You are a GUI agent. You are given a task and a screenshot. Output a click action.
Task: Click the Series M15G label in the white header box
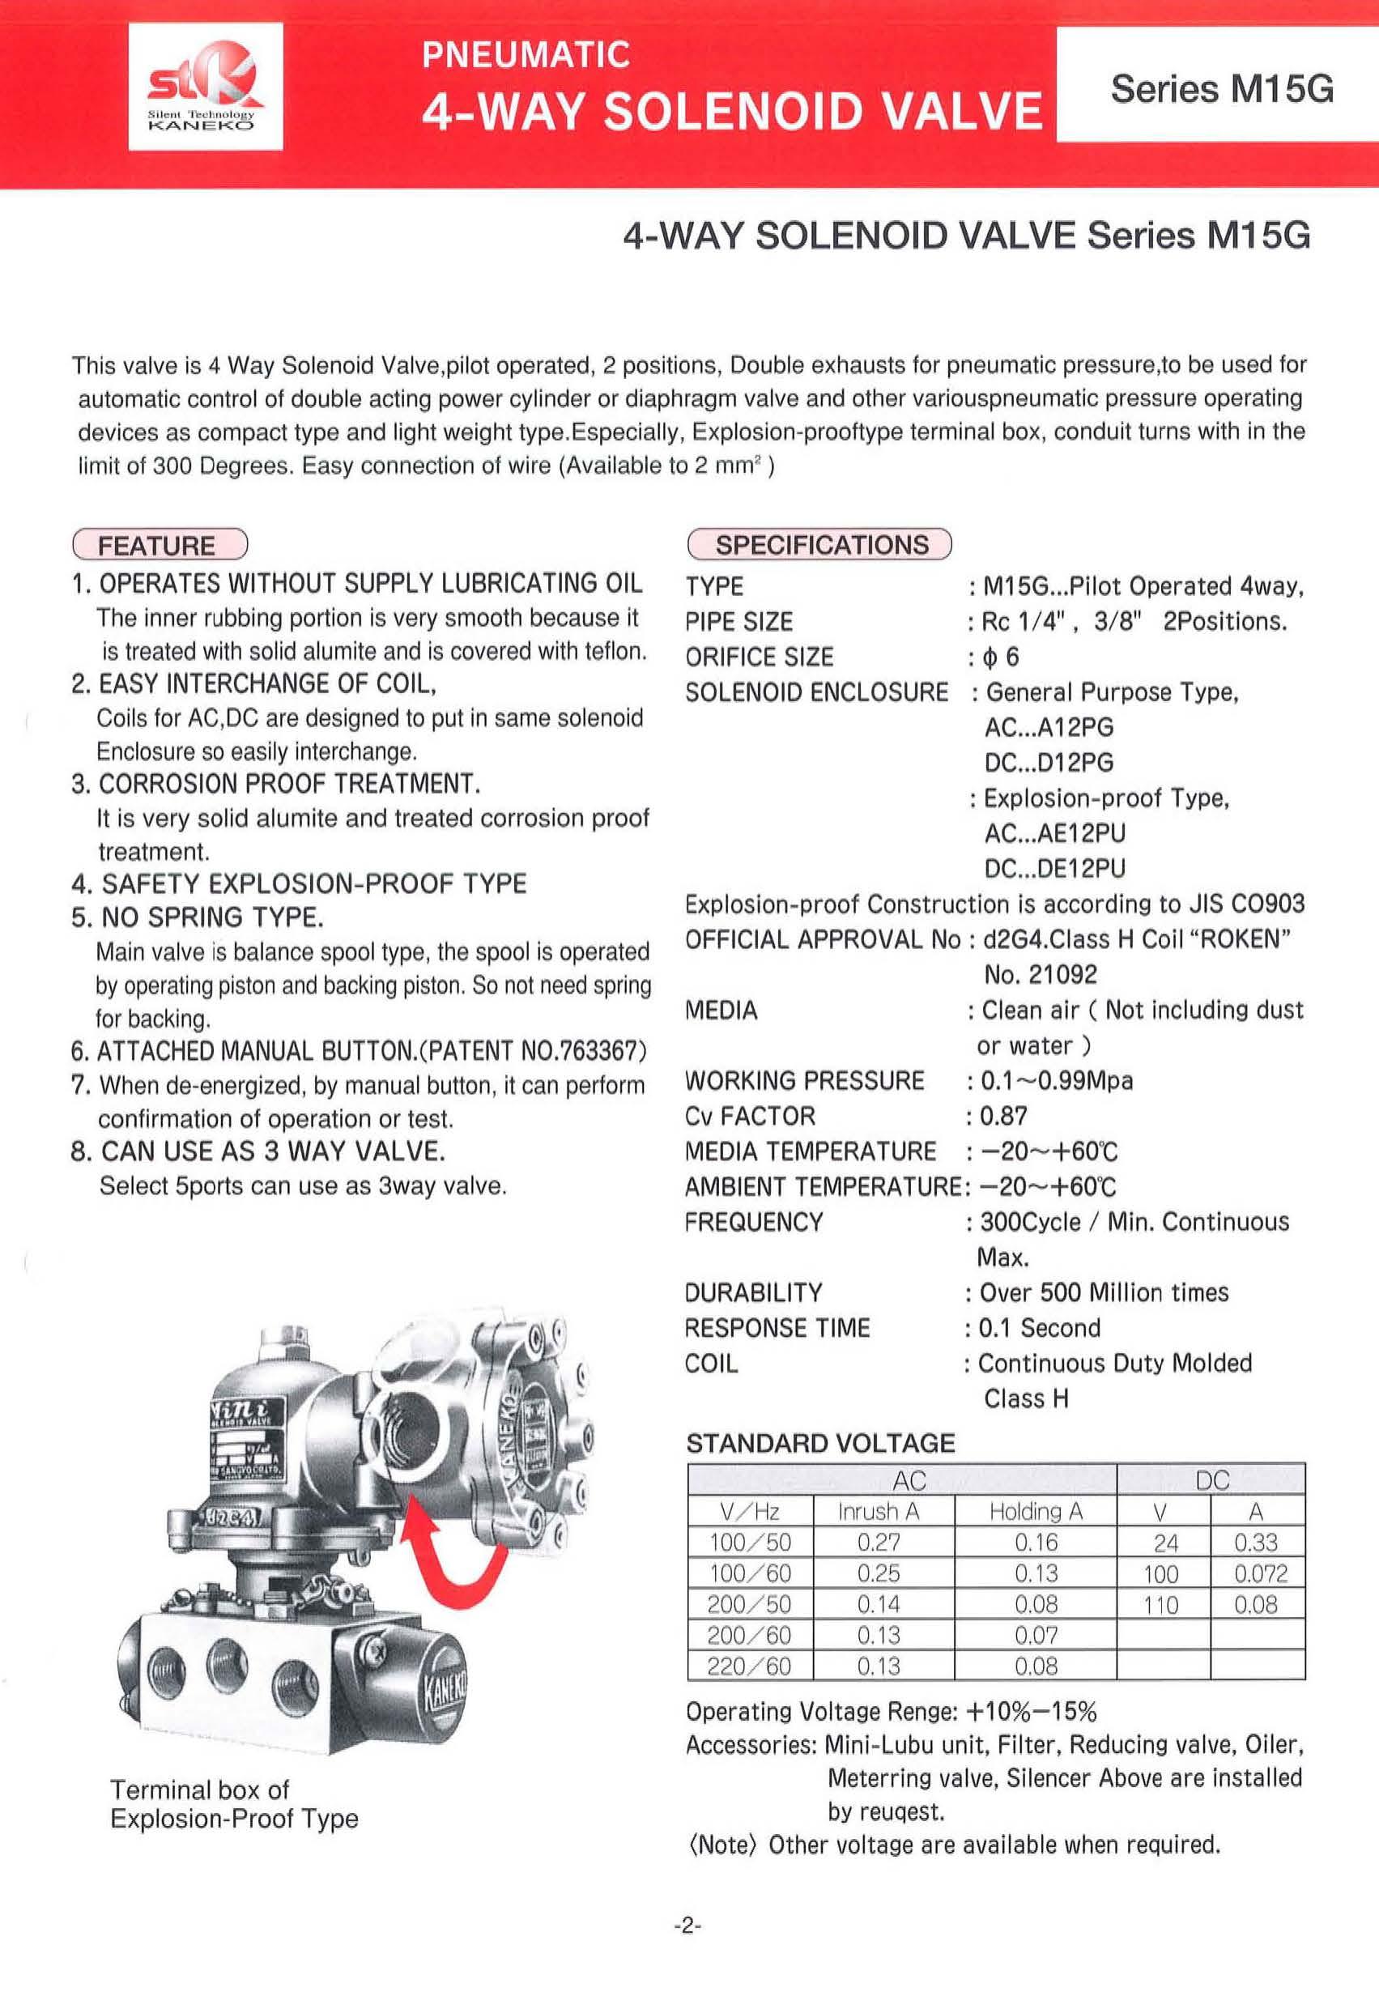[1221, 89]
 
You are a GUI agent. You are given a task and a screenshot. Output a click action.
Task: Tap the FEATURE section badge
[159, 545]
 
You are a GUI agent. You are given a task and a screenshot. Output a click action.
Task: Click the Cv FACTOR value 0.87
[1004, 1116]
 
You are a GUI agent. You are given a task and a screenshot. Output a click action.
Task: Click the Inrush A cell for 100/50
[879, 1543]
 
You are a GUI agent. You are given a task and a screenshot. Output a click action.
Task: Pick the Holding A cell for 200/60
[1036, 1635]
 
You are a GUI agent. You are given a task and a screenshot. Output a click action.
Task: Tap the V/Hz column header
[750, 1511]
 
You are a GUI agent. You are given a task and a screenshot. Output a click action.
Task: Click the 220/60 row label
[749, 1666]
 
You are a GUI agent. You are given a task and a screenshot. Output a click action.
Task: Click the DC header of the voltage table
[1211, 1480]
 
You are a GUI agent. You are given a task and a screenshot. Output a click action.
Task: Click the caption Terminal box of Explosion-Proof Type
[233, 1804]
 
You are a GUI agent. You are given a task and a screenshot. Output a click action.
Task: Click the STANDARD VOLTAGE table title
[820, 1443]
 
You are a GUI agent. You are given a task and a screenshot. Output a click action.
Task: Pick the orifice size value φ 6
[1002, 657]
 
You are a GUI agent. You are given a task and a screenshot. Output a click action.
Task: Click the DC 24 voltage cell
[1165, 1543]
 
